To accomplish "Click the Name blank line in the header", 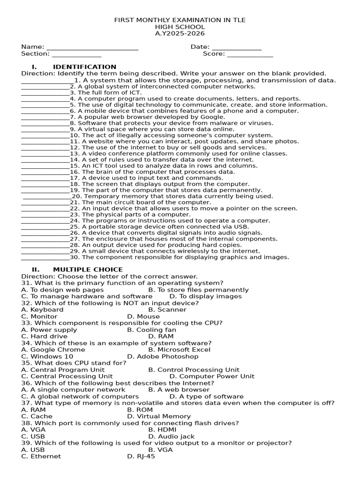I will point(92,48).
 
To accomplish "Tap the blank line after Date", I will point(237,48).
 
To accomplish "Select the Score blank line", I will point(250,55).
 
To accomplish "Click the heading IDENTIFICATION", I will point(84,67).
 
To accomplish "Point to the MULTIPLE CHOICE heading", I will point(88,270).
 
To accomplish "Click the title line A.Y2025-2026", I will point(180,33).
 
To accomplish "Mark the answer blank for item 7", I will point(45,118).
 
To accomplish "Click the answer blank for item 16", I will point(45,172).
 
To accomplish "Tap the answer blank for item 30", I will point(45,258).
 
